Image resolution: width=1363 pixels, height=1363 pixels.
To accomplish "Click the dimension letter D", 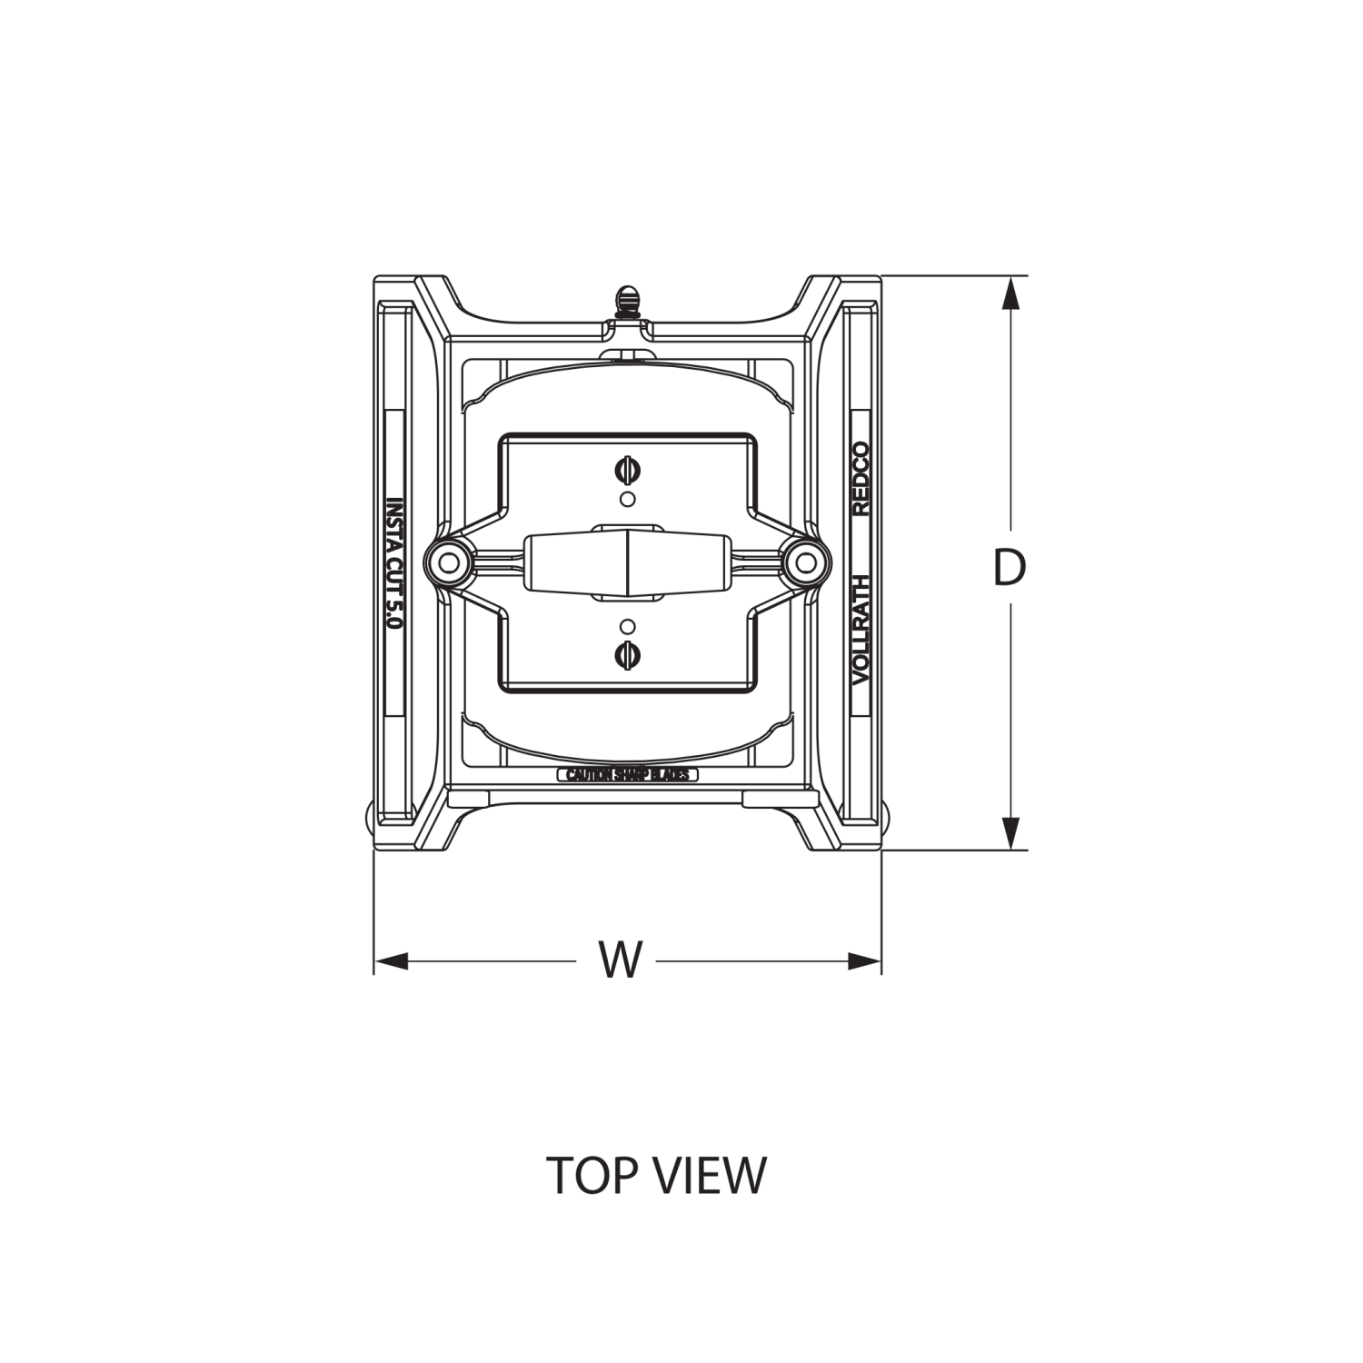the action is click(1009, 567).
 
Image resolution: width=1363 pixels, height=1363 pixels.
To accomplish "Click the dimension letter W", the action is click(622, 960).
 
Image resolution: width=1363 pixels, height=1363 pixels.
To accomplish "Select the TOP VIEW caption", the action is click(656, 1175).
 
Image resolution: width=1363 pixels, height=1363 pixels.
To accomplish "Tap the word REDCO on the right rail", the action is click(860, 479).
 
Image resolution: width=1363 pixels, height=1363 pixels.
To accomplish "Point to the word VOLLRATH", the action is click(860, 629).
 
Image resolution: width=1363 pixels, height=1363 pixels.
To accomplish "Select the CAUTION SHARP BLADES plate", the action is click(628, 775).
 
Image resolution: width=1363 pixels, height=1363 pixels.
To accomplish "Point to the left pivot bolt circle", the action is click(449, 563).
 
